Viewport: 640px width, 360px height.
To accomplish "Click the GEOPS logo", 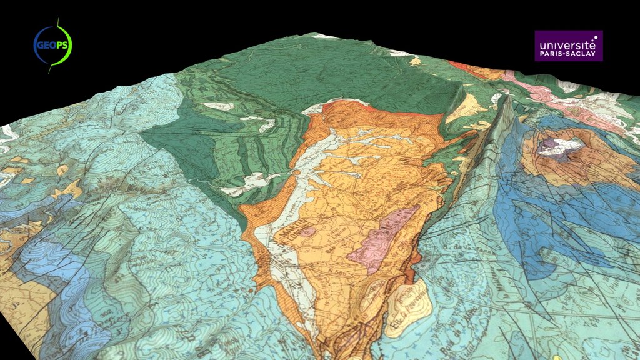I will pyautogui.click(x=52, y=45).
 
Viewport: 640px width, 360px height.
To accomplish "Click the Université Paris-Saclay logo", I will pyautogui.click(x=568, y=46).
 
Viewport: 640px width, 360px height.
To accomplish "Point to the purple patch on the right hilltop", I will pyautogui.click(x=549, y=144).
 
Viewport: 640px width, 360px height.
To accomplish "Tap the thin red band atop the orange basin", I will pyautogui.click(x=400, y=112).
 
